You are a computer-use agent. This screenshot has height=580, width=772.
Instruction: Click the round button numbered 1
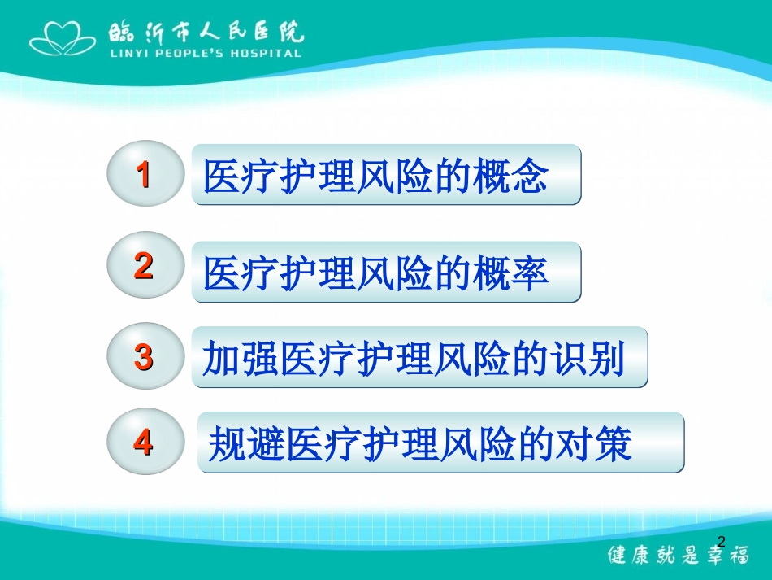tap(144, 175)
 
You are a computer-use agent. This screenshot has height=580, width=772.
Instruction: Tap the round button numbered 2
tap(144, 266)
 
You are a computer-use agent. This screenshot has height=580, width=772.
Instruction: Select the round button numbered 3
tap(144, 356)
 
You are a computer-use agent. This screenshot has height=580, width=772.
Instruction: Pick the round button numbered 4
tap(144, 443)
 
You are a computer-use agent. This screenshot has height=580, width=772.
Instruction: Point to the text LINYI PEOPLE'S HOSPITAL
tap(205, 54)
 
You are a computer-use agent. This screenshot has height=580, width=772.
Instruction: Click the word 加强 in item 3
tap(240, 358)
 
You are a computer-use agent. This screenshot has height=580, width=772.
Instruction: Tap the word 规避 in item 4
tap(247, 444)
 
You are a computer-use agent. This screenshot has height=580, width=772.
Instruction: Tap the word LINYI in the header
tap(124, 54)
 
